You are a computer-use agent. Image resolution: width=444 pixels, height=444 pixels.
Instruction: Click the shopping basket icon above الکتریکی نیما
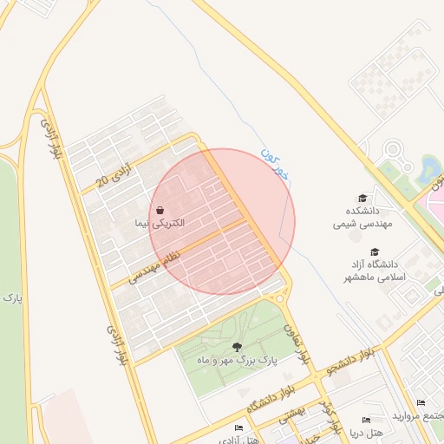(x=162, y=211)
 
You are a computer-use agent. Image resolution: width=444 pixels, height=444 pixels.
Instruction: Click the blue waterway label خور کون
(x=277, y=164)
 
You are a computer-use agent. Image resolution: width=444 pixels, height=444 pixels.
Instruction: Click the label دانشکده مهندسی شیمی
(x=357, y=217)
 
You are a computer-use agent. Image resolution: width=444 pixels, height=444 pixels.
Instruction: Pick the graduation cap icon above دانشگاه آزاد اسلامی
(x=375, y=251)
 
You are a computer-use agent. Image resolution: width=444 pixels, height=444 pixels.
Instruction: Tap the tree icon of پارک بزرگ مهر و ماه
(x=238, y=348)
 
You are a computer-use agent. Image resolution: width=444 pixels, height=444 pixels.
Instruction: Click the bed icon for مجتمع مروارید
(x=421, y=403)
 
